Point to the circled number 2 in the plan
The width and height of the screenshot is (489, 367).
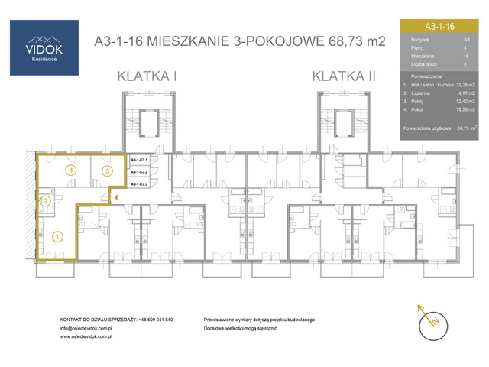[45, 201]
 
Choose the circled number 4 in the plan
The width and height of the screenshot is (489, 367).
[71, 170]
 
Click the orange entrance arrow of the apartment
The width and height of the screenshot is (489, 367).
[115, 196]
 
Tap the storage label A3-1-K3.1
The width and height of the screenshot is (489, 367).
[139, 161]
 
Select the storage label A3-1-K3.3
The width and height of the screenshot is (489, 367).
[139, 184]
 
